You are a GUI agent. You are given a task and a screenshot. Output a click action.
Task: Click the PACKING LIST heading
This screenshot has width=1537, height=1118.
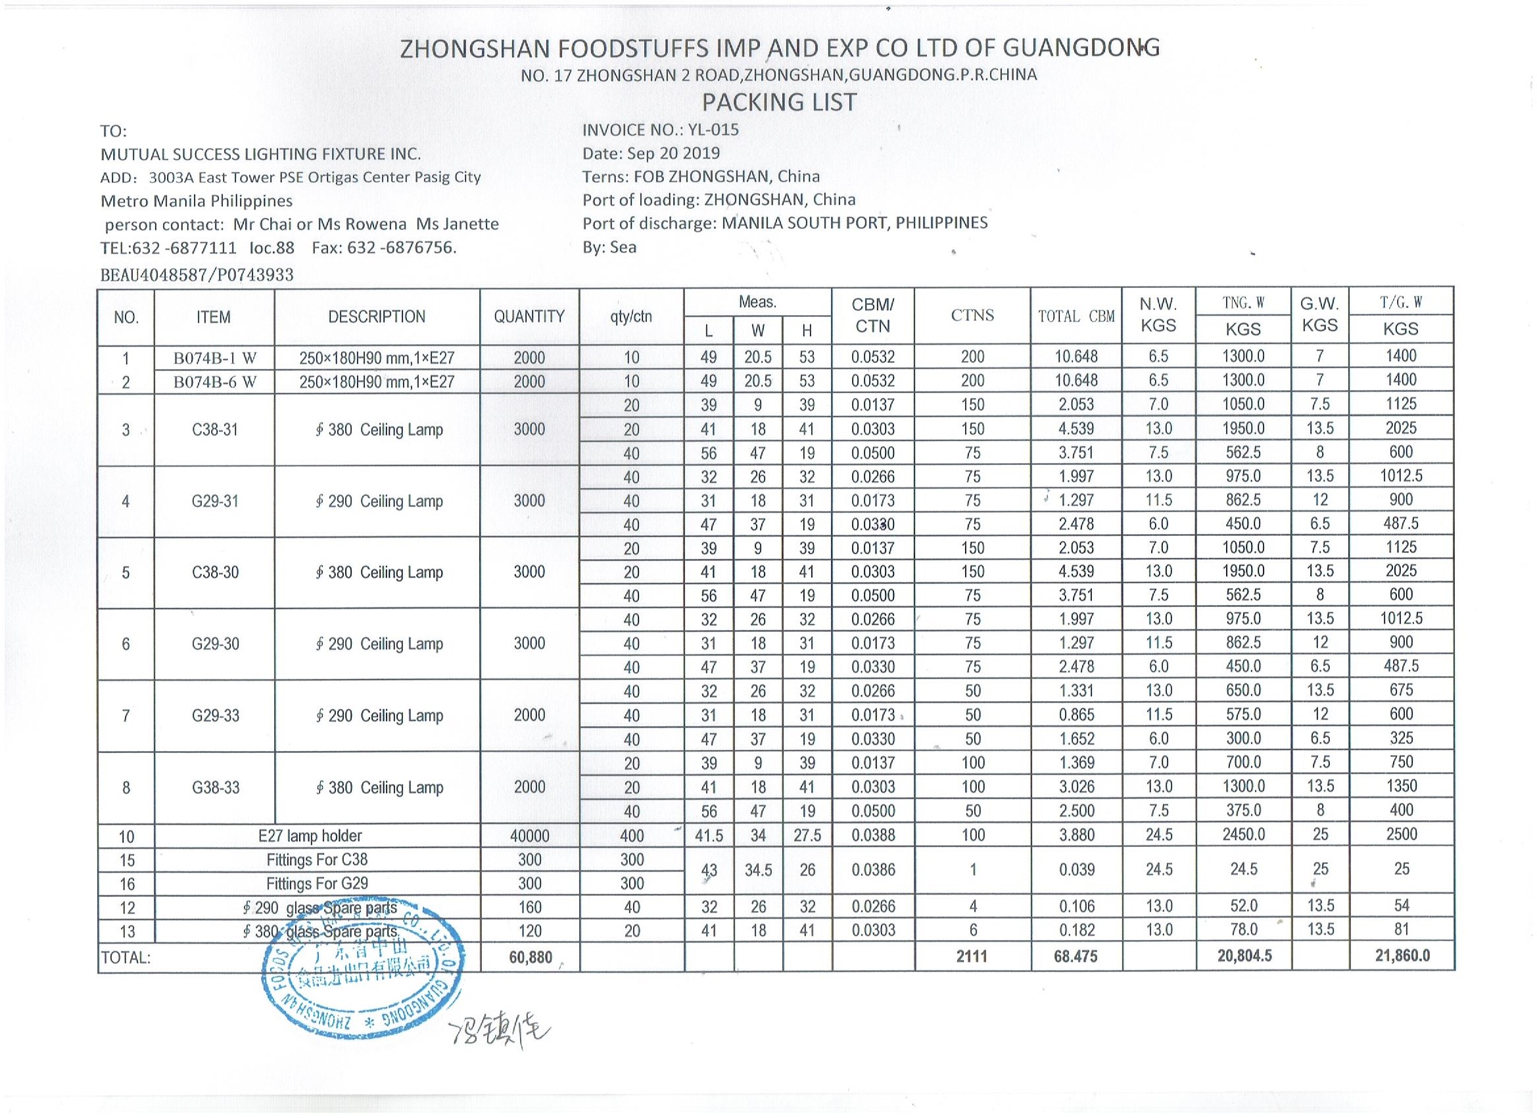778,103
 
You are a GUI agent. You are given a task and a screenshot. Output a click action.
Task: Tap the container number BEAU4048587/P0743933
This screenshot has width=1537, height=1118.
197,275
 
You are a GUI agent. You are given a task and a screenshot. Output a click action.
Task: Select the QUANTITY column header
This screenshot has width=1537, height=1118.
529,316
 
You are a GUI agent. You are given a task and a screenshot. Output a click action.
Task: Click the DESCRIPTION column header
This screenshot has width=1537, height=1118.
377,316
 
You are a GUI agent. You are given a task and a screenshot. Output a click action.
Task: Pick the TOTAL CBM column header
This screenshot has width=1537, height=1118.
1076,316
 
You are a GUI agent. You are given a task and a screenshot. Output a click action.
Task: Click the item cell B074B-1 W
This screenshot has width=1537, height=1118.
215,358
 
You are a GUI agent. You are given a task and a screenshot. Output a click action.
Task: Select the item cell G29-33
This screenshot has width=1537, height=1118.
215,716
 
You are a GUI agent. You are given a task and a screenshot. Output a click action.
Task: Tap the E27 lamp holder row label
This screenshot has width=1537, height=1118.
310,836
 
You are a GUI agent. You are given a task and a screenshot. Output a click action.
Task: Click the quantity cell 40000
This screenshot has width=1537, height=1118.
529,836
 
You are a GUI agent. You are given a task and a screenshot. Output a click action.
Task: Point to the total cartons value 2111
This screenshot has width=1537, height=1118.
972,957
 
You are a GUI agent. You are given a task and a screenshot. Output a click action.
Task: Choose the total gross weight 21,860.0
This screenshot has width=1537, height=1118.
1401,956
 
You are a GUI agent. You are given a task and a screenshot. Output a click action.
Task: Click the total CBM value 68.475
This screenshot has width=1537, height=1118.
1076,957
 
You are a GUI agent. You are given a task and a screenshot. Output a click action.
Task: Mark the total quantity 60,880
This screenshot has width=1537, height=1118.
530,958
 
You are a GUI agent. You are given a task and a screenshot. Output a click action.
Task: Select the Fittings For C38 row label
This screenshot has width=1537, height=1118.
316,860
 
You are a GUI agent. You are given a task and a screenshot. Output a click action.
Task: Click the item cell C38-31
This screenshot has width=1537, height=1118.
215,430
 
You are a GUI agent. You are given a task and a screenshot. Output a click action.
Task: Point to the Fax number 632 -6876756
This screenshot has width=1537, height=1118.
401,247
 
